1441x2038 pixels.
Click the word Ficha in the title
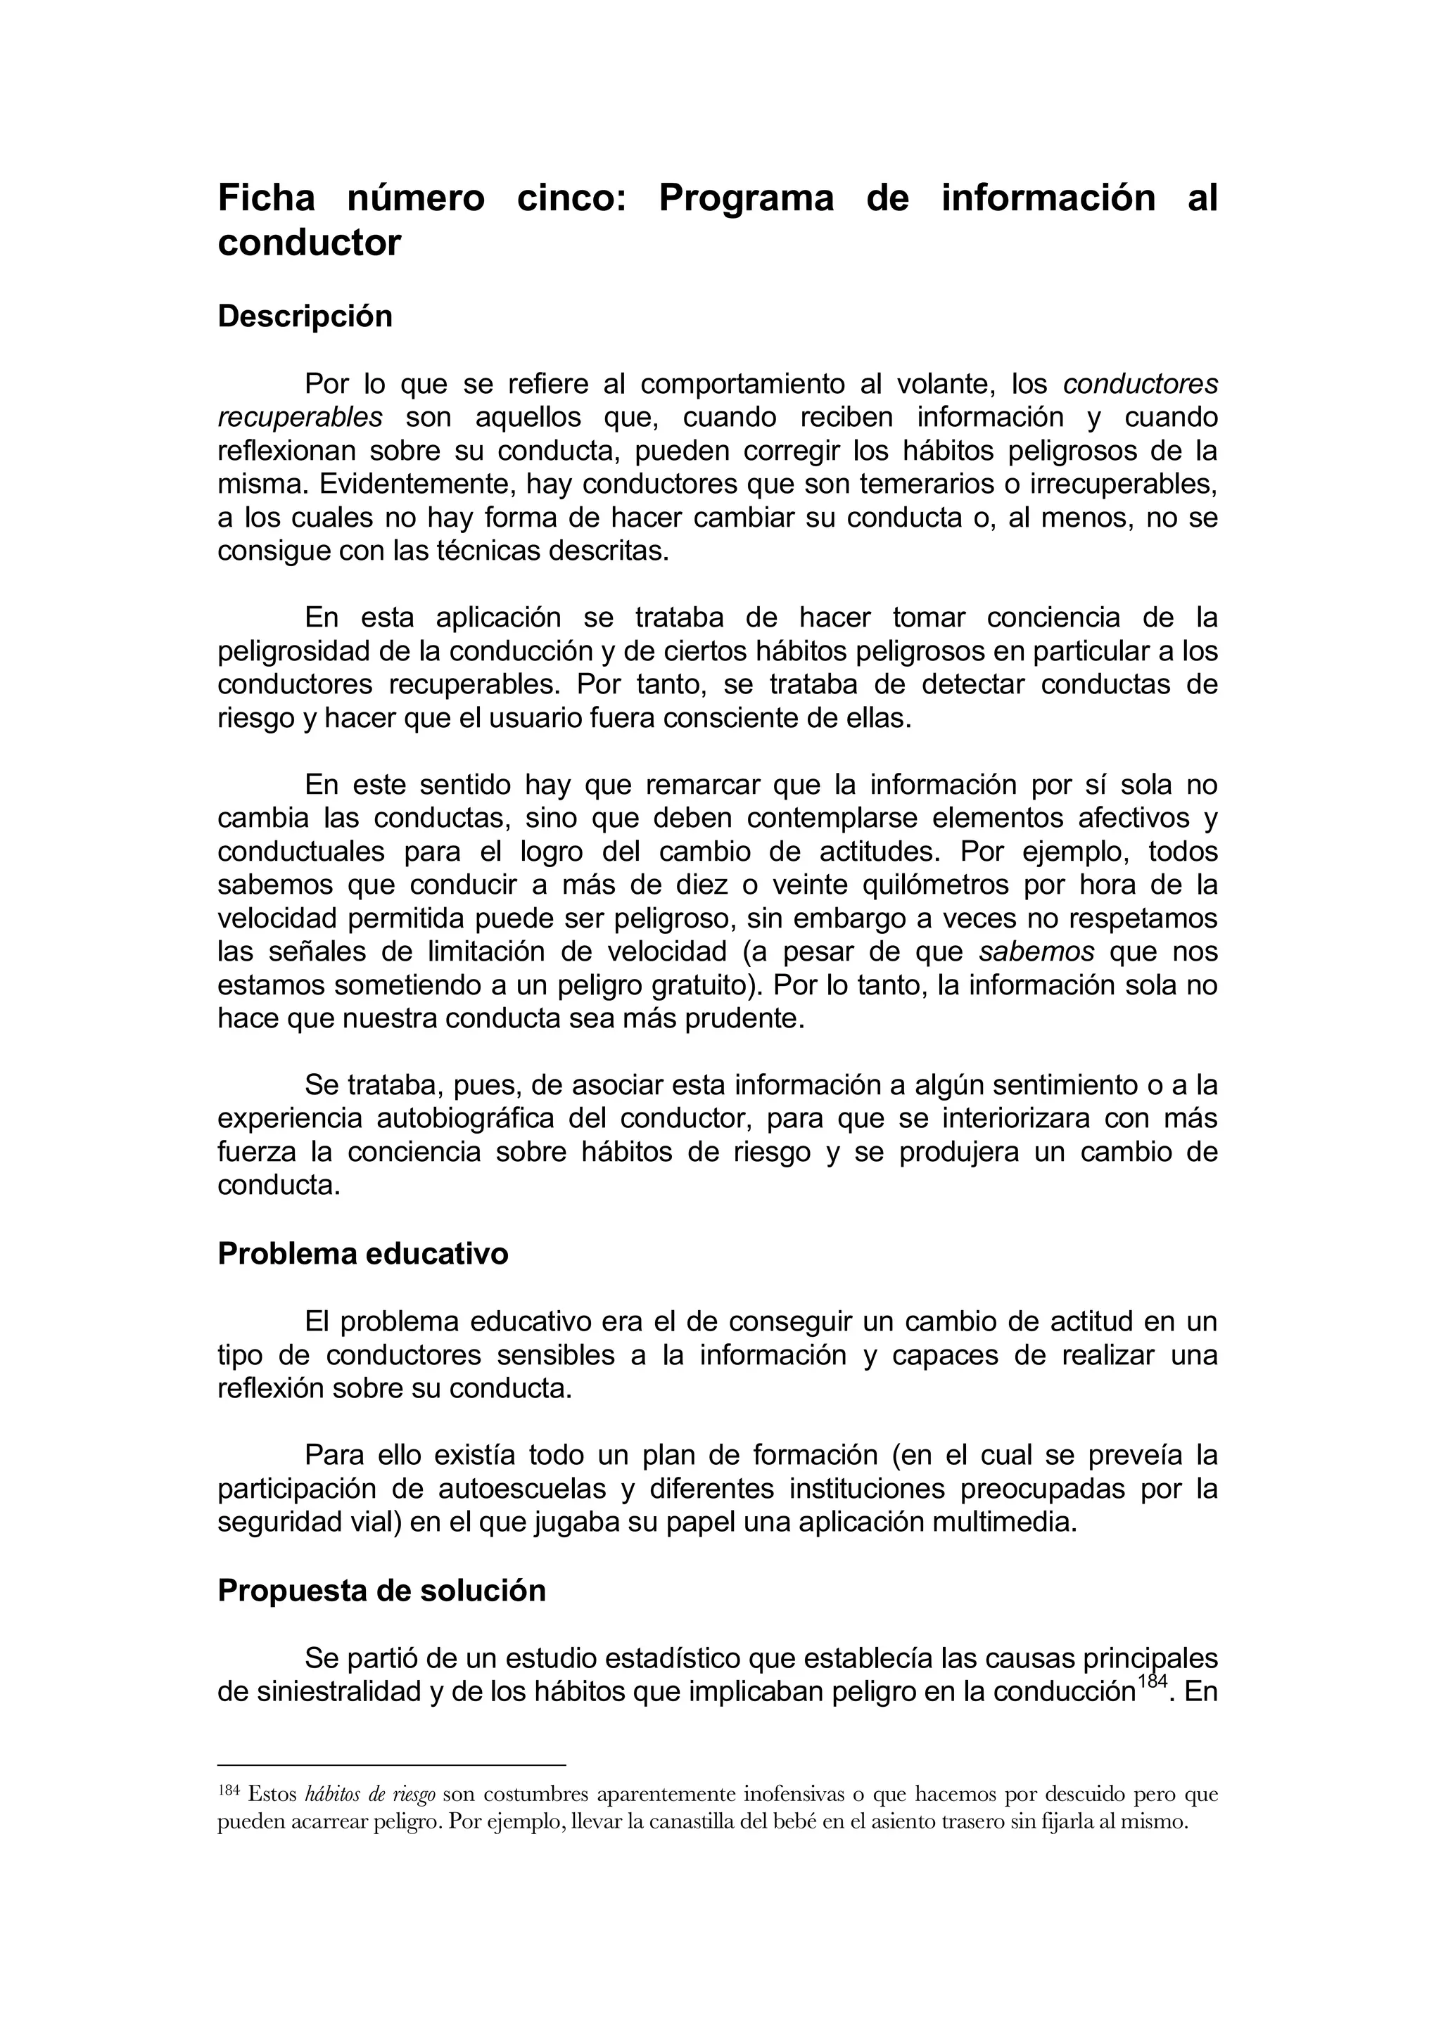click(267, 197)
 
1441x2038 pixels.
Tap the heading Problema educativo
click(362, 1253)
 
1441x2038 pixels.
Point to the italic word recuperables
click(300, 417)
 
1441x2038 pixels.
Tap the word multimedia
click(1003, 1523)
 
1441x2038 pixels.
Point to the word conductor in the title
click(309, 243)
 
